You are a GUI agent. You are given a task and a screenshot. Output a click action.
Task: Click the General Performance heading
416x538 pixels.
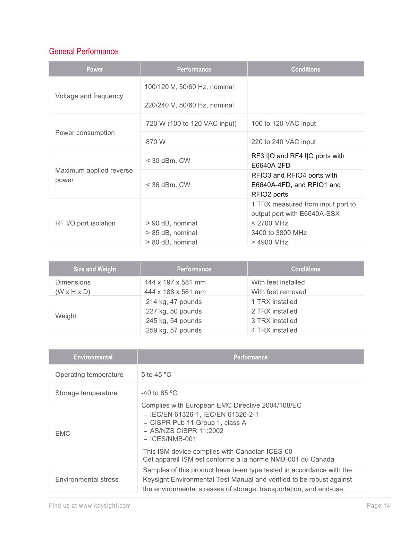pyautogui.click(x=83, y=51)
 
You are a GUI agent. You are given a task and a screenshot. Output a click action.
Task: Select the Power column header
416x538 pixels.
pyautogui.click(x=95, y=69)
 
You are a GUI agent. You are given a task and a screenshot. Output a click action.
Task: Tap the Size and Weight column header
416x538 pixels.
pyautogui.click(x=95, y=269)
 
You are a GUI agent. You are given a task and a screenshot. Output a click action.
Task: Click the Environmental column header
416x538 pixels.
pyautogui.click(x=93, y=357)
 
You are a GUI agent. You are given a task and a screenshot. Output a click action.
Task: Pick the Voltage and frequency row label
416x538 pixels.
pyautogui.click(x=89, y=96)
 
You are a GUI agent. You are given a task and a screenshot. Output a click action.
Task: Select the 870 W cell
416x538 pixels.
pyautogui.click(x=156, y=142)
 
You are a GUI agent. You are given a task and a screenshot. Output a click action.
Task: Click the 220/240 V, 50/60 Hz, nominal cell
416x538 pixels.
pyautogui.click(x=189, y=105)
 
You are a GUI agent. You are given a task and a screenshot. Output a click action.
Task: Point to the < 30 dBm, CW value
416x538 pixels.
pyautogui.click(x=168, y=161)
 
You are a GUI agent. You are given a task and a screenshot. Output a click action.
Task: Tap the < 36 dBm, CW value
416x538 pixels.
pyautogui.click(x=168, y=185)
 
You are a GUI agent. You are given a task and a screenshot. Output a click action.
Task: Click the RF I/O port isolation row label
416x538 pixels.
pyautogui.click(x=85, y=223)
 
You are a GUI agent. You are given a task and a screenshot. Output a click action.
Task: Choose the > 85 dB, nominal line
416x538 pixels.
pyautogui.click(x=171, y=233)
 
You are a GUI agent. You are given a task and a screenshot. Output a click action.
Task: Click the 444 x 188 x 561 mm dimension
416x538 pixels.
pyautogui.click(x=175, y=292)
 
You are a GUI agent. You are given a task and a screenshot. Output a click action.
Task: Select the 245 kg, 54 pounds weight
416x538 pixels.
pyautogui.click(x=174, y=321)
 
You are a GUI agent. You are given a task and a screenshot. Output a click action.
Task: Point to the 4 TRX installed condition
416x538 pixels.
pyautogui.click(x=274, y=330)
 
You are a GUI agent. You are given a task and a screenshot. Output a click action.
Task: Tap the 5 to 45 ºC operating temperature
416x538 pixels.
pyautogui.click(x=156, y=375)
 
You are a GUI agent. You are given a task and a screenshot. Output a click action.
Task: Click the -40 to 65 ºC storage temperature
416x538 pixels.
pyautogui.click(x=159, y=393)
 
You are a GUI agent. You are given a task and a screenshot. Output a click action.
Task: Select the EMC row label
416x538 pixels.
pyautogui.click(x=63, y=434)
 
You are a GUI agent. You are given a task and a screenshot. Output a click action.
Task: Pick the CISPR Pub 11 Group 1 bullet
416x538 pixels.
pyautogui.click(x=198, y=423)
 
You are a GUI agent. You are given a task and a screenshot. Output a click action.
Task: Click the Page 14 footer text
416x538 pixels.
pyautogui.click(x=378, y=506)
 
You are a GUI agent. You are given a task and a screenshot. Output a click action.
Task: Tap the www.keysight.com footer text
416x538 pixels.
pyautogui.click(x=105, y=506)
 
